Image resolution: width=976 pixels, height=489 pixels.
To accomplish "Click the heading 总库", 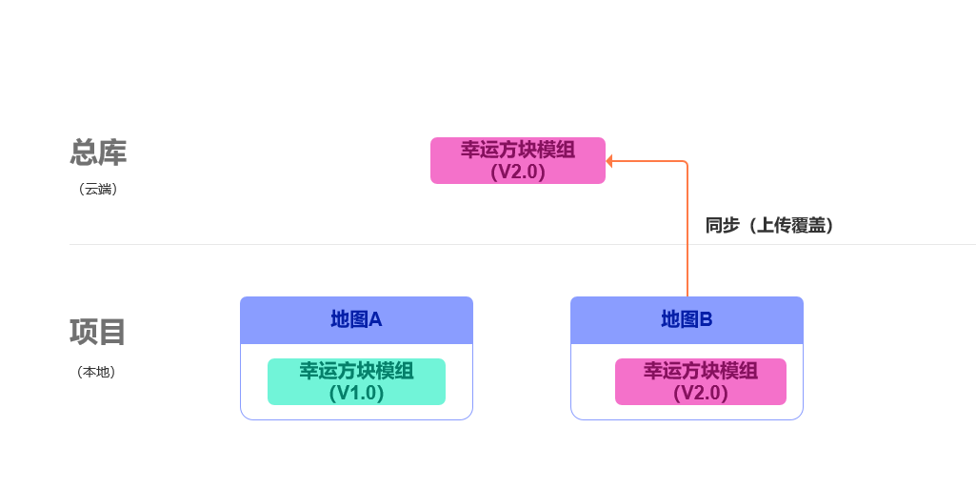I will click(x=98, y=153).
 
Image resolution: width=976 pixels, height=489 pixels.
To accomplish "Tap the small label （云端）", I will click(x=98, y=189).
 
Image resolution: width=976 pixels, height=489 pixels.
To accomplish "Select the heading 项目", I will click(x=98, y=332).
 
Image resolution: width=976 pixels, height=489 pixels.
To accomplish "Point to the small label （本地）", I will click(x=96, y=372).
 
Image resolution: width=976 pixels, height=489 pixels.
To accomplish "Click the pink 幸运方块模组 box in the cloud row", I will click(x=517, y=160).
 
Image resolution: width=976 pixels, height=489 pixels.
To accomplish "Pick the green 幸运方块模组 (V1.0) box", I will click(x=356, y=381).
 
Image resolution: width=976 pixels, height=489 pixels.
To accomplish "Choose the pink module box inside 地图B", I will click(x=700, y=381).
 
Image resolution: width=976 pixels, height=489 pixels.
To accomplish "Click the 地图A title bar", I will click(x=356, y=319).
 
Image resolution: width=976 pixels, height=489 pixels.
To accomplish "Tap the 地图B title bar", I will click(x=687, y=319).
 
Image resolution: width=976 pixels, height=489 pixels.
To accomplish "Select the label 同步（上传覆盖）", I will click(x=769, y=226).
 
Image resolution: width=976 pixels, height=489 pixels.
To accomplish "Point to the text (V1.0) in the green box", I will click(x=356, y=393).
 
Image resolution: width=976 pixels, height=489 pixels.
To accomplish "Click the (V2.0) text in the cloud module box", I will click(x=517, y=173).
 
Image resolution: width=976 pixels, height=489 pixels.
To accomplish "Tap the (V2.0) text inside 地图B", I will click(x=700, y=393).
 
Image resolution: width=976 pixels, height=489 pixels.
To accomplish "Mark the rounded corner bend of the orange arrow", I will click(x=685, y=164).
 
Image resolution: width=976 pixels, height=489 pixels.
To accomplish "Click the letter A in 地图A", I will click(x=375, y=319).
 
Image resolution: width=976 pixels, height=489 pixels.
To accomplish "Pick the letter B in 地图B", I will click(x=706, y=319).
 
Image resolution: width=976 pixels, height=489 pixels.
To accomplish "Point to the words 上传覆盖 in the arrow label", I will click(x=790, y=226).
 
